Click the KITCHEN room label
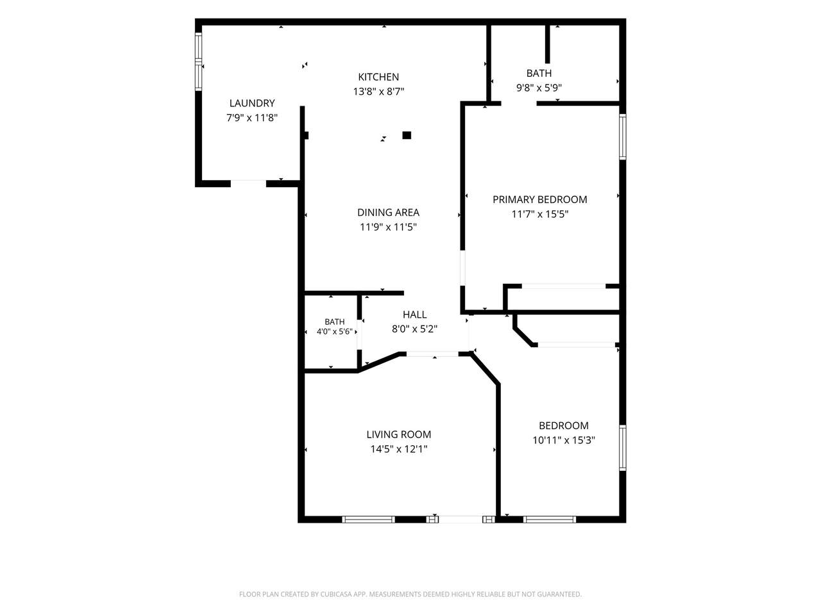pos(378,77)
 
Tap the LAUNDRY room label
pos(252,103)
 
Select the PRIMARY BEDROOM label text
pos(539,199)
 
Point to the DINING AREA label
pos(388,213)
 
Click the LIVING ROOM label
pos(399,434)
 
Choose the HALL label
pos(415,315)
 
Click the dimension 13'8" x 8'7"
pos(378,92)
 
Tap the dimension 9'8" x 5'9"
pos(539,88)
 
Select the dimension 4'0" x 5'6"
pos(334,331)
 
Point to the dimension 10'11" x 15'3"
pos(564,440)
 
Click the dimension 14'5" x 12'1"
pos(399,449)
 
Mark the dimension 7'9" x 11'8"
pos(252,118)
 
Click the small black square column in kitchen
pos(407,135)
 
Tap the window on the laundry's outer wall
pos(199,61)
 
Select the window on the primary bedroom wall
pos(622,136)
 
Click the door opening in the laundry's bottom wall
pos(248,183)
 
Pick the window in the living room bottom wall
pos(368,520)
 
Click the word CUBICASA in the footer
pos(336,594)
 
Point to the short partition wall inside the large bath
pos(547,44)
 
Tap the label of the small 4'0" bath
pos(334,322)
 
